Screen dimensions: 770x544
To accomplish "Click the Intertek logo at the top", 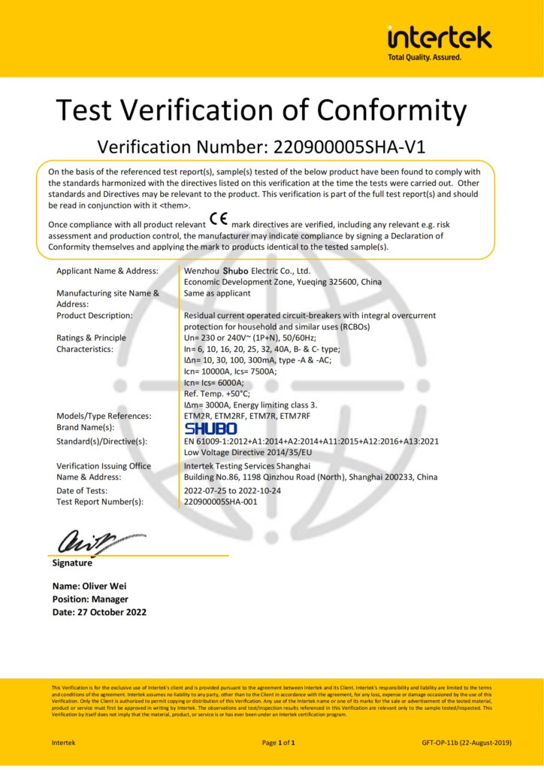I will (439, 38).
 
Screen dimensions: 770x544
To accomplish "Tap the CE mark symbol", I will (219, 220).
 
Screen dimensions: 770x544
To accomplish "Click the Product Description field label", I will (95, 315).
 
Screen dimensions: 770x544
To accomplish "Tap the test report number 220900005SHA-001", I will (225, 502).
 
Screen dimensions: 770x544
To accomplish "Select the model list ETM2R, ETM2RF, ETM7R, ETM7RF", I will (247, 416).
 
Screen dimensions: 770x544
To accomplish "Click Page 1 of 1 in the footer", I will (278, 742).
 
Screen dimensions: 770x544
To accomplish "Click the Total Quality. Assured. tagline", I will (425, 57).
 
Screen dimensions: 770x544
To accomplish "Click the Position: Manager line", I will (90, 599).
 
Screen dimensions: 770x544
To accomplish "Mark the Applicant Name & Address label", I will (107, 271).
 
